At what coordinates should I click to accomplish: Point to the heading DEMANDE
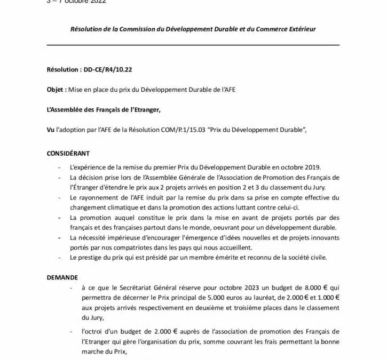(x=62, y=277)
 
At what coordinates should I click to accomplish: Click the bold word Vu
(x=51, y=130)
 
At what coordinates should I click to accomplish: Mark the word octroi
(x=92, y=332)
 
